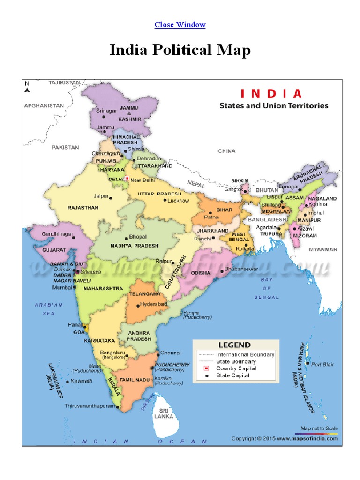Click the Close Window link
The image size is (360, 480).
(180, 24)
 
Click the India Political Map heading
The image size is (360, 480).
(180, 50)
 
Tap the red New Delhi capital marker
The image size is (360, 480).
(127, 178)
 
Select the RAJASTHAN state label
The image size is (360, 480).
(83, 208)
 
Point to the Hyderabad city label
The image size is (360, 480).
(154, 304)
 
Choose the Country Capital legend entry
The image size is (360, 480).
(236, 368)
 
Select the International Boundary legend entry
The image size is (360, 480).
(245, 355)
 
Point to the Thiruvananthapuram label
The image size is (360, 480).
(90, 406)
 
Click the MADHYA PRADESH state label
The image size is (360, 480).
(135, 246)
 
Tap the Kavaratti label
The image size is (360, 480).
(83, 381)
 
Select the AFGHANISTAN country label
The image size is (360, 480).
(44, 106)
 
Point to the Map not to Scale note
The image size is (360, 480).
(319, 428)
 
